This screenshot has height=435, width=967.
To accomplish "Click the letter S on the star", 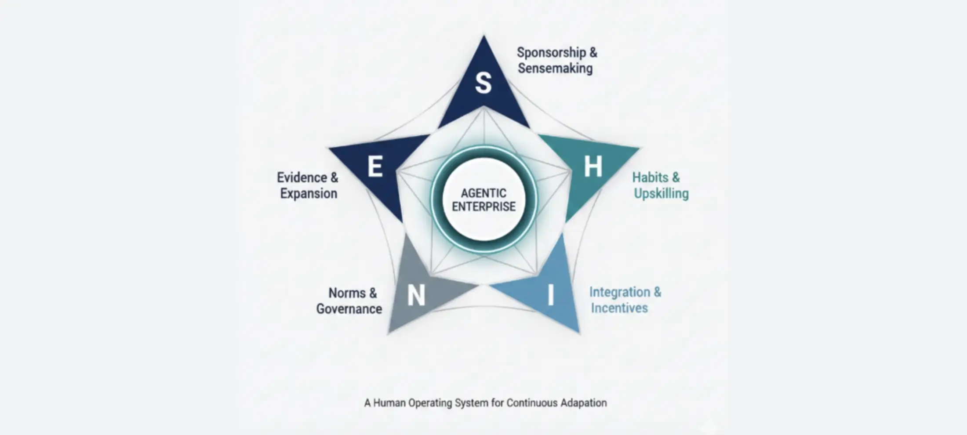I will pyautogui.click(x=483, y=83).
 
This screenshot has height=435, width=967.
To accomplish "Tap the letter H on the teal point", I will pyautogui.click(x=593, y=167).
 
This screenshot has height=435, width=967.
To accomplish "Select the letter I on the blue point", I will pyautogui.click(x=550, y=295).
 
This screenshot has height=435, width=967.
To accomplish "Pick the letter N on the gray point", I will pyautogui.click(x=416, y=295).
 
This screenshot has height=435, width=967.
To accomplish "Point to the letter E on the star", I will pyautogui.click(x=375, y=167).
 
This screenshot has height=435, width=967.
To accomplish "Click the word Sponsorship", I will pyautogui.click(x=551, y=53).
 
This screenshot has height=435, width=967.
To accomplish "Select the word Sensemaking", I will pyautogui.click(x=555, y=69).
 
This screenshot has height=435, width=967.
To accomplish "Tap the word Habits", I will pyautogui.click(x=650, y=178).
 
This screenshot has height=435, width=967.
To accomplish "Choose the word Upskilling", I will pyautogui.click(x=661, y=194).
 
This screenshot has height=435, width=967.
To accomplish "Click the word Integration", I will pyautogui.click(x=619, y=292).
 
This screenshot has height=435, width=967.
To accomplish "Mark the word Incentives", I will pyautogui.click(x=619, y=308).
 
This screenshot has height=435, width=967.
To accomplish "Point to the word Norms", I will pyautogui.click(x=347, y=293).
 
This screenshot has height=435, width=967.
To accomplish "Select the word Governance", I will pyautogui.click(x=349, y=309).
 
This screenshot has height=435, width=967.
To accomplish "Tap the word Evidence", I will pyautogui.click(x=302, y=178).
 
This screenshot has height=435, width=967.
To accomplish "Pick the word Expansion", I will pyautogui.click(x=309, y=194).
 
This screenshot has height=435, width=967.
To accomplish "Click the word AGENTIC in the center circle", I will pyautogui.click(x=484, y=193).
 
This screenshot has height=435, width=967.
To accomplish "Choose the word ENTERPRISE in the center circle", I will pyautogui.click(x=484, y=207).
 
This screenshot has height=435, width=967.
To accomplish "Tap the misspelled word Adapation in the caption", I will pyautogui.click(x=583, y=403).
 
